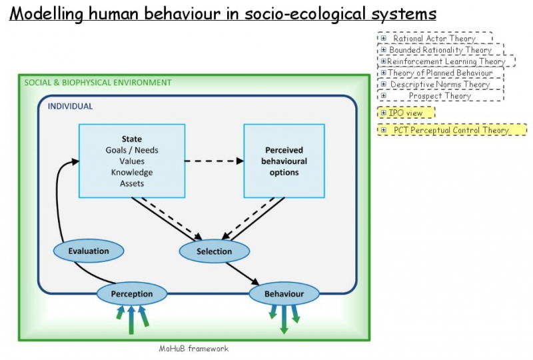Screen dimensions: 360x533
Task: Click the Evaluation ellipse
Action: (89, 251)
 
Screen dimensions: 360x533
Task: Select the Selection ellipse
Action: (214, 251)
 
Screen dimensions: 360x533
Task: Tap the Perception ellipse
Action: (131, 293)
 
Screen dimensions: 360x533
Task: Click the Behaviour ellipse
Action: (284, 293)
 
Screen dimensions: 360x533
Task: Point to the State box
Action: (131, 161)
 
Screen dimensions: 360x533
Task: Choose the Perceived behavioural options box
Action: (283, 161)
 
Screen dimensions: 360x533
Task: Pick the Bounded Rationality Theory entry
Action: (440, 50)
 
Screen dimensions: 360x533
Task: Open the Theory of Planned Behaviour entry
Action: (440, 73)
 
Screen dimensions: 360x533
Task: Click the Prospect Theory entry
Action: (439, 96)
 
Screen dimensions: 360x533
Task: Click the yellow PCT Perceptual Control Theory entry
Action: (451, 130)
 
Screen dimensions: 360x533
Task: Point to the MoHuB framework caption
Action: (193, 348)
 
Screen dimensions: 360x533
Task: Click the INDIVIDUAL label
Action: (70, 106)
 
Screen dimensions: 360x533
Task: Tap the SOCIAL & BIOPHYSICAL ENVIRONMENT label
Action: (97, 83)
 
